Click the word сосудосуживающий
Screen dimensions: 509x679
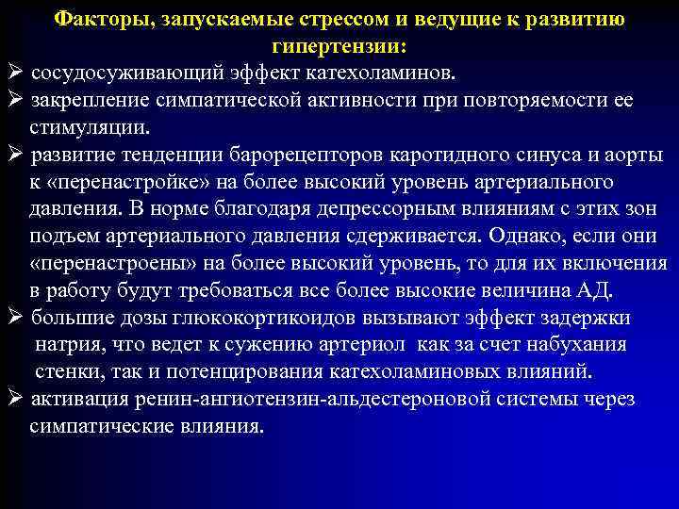pyautogui.click(x=114, y=74)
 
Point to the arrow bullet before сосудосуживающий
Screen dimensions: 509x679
pyautogui.click(x=14, y=74)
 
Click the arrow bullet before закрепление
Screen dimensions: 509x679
pyautogui.click(x=14, y=101)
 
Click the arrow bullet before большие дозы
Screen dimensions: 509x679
pyautogui.click(x=14, y=318)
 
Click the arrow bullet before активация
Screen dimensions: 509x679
pyautogui.click(x=14, y=399)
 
